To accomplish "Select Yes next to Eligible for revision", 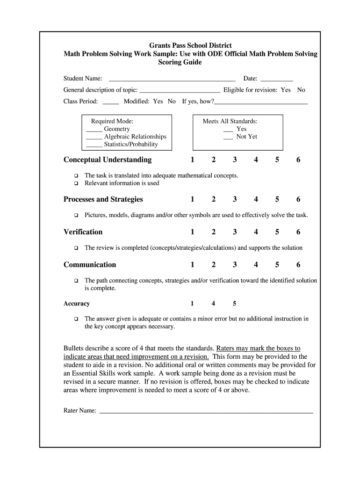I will pyautogui.click(x=286, y=90).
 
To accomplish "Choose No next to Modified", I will pyautogui.click(x=172, y=101).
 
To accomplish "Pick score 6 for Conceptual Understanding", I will pyautogui.click(x=298, y=160).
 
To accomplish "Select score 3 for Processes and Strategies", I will pyautogui.click(x=235, y=199).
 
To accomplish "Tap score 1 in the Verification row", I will pyautogui.click(x=192, y=232).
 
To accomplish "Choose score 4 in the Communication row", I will pyautogui.click(x=256, y=265).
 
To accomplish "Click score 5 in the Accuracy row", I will pyautogui.click(x=235, y=304).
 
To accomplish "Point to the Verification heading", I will pyautogui.click(x=83, y=232).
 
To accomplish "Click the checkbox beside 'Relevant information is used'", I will pyautogui.click(x=76, y=183).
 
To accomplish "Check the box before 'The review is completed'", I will pyautogui.click(x=76, y=248).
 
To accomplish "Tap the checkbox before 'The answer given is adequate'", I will pyautogui.click(x=76, y=319).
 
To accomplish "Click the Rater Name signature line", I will pyautogui.click(x=206, y=412).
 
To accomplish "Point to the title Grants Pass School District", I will pyautogui.click(x=190, y=45).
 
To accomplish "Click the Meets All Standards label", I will pyautogui.click(x=230, y=121).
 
